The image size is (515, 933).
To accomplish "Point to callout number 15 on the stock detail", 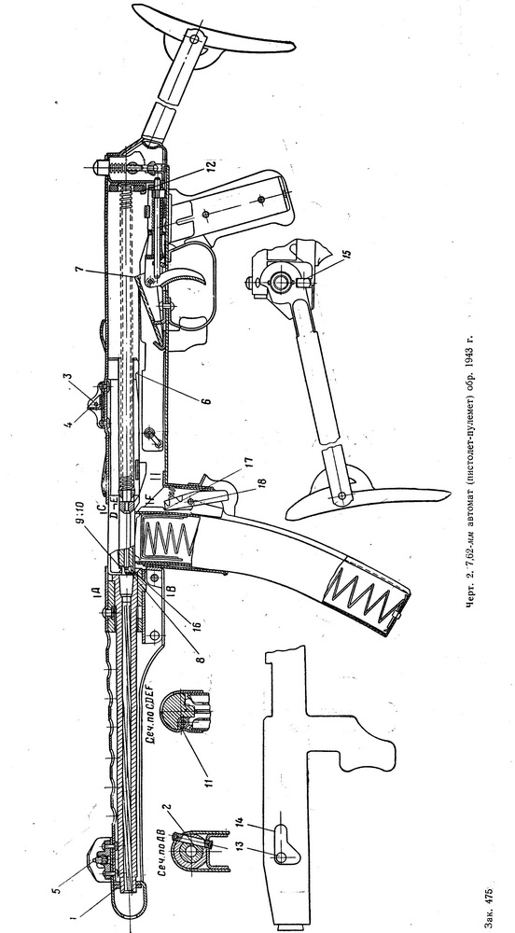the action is click(x=348, y=254).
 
